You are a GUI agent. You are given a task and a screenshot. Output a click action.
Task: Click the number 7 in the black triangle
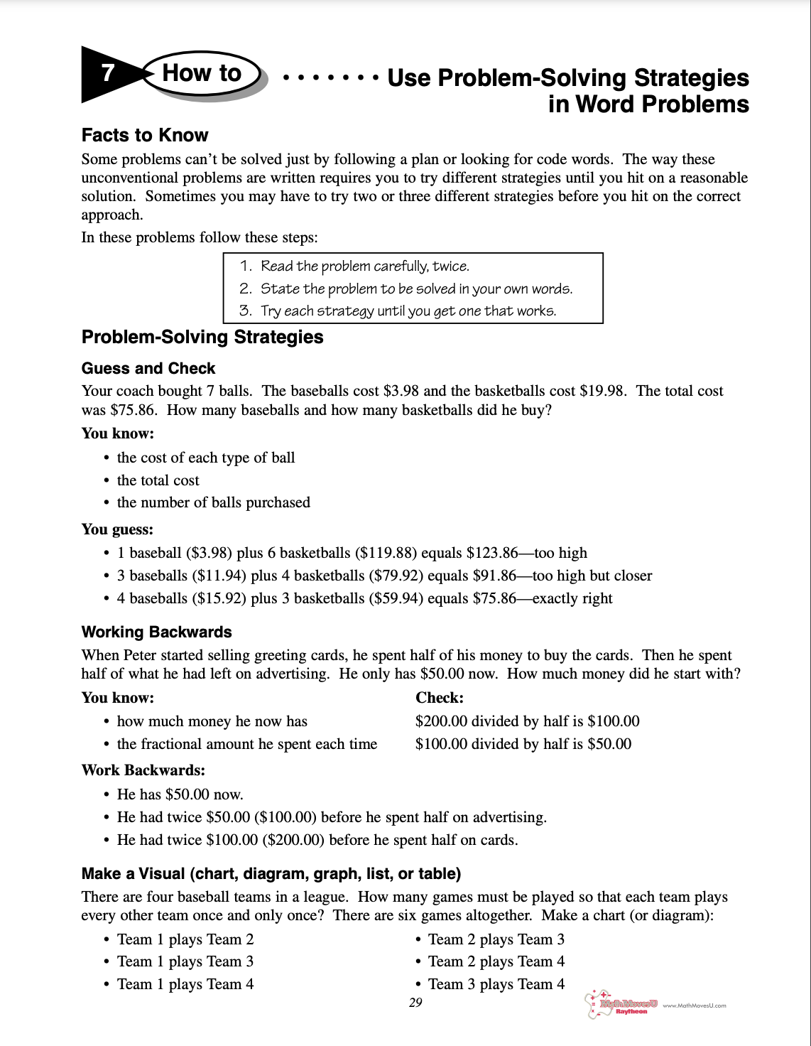click(107, 72)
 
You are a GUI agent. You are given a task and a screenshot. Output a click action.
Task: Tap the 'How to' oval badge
click(202, 73)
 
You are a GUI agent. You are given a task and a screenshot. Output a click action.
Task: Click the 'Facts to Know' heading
click(145, 135)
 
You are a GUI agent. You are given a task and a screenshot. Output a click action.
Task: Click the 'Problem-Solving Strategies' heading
click(202, 337)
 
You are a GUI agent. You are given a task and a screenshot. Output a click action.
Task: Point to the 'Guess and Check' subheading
click(148, 368)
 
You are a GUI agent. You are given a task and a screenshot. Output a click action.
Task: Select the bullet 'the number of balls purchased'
click(213, 502)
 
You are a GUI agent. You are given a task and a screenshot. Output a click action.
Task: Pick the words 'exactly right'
click(572, 598)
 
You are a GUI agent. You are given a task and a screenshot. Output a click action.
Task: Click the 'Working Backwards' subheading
click(156, 632)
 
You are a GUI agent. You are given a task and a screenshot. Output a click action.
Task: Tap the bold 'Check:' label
click(440, 698)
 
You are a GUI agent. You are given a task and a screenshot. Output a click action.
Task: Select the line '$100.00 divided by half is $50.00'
click(523, 744)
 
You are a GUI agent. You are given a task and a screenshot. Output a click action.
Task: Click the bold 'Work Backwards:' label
click(143, 770)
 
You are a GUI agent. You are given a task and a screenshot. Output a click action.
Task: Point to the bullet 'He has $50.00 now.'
click(180, 794)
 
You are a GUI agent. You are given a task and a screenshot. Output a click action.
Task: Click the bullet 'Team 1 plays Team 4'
click(185, 984)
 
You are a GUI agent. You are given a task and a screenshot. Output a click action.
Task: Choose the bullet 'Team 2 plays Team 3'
click(496, 939)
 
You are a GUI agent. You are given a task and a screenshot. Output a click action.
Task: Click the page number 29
click(415, 1003)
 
